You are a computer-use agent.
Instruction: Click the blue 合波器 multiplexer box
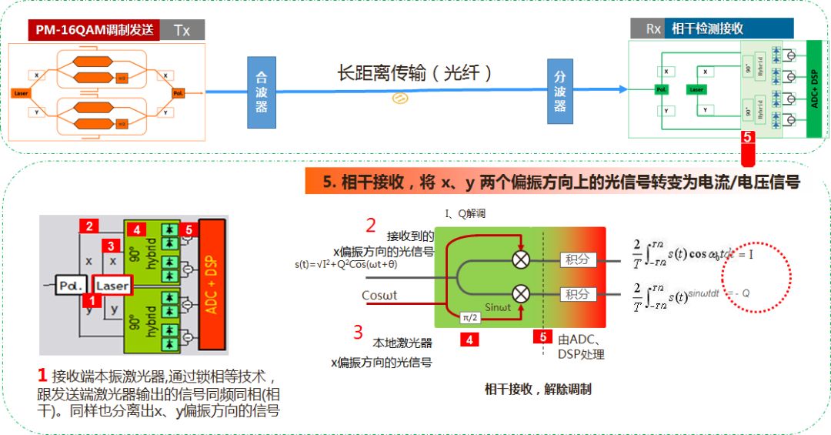(x=262, y=92)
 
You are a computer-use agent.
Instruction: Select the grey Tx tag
(x=182, y=31)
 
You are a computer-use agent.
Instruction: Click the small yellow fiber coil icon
(x=399, y=99)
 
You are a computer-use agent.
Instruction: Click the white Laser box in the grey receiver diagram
(x=112, y=286)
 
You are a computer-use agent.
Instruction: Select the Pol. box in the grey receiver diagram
(x=73, y=286)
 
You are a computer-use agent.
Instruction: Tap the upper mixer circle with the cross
(x=521, y=259)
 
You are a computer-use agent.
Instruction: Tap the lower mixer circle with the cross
(x=521, y=293)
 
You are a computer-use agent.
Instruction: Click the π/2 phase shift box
(x=469, y=317)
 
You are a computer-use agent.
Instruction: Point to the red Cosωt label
(x=380, y=296)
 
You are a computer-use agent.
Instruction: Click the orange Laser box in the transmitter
(x=21, y=92)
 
